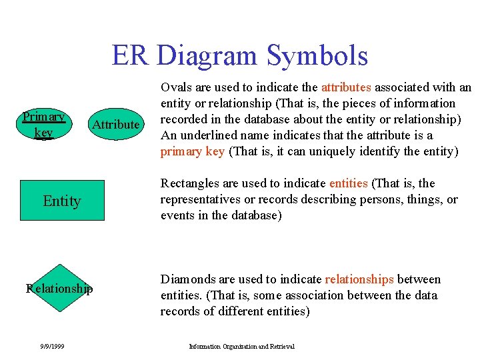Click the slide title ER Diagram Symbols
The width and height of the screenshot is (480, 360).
(x=240, y=55)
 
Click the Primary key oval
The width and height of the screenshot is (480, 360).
(x=43, y=125)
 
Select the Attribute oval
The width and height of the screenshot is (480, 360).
(x=116, y=125)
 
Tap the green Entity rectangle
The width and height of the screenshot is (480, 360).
(x=62, y=201)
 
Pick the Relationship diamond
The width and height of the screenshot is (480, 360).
(x=59, y=288)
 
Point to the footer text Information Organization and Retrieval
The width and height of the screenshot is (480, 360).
(x=241, y=346)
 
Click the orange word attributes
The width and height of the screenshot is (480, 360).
(x=347, y=87)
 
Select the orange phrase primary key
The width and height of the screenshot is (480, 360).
(x=192, y=151)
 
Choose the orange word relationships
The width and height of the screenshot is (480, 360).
(x=359, y=279)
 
